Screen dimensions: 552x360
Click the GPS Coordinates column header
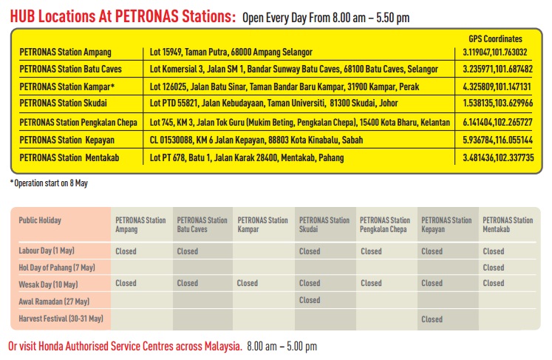[495, 38]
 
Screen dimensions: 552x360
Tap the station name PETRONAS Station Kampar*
[67, 86]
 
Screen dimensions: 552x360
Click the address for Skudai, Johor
[274, 103]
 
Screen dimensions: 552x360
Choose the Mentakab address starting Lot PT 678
[247, 157]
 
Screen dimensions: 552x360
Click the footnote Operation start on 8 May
[49, 183]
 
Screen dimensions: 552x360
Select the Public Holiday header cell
[40, 220]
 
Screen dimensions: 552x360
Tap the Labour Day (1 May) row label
[47, 251]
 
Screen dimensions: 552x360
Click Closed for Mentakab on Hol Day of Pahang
[493, 268]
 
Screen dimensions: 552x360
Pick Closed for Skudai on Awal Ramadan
[310, 300]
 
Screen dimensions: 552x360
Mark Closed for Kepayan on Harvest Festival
[432, 319]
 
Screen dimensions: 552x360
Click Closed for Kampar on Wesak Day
[247, 283]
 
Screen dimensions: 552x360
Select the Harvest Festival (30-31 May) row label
[61, 319]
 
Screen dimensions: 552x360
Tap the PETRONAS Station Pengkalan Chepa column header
[385, 225]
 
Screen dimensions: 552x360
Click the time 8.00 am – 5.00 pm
[282, 346]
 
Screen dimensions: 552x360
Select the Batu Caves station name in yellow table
[70, 69]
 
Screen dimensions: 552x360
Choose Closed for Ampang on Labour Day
[126, 251]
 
